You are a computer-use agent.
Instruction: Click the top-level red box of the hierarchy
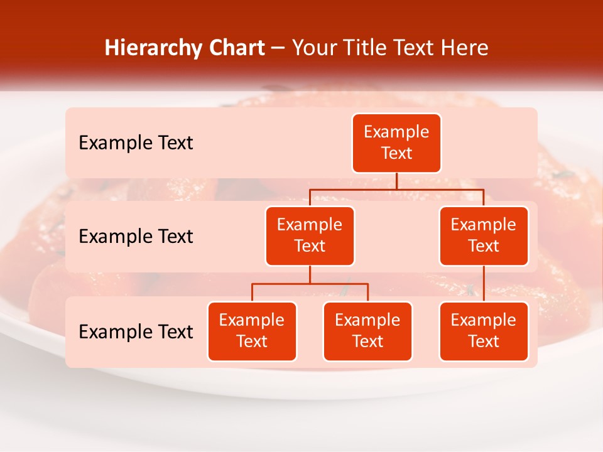[396, 143]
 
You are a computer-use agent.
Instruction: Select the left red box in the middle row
[310, 235]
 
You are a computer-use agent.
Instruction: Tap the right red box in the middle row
[484, 235]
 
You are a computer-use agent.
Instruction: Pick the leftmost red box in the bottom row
[252, 331]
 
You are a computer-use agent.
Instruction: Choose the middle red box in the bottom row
[367, 331]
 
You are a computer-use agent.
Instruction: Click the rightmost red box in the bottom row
[484, 331]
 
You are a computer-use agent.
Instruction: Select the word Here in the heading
[465, 48]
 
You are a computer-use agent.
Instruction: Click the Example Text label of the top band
[136, 143]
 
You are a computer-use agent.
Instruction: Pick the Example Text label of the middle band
[136, 236]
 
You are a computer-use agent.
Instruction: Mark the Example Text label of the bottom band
[136, 331]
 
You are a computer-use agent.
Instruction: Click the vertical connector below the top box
[396, 181]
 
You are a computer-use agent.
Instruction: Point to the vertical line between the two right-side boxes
[484, 284]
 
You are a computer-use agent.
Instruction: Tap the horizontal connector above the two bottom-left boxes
[310, 284]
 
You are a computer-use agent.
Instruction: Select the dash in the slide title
[278, 48]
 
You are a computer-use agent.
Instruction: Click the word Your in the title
[312, 48]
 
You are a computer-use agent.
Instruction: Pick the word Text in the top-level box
[396, 153]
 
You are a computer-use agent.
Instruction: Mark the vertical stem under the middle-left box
[310, 275]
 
